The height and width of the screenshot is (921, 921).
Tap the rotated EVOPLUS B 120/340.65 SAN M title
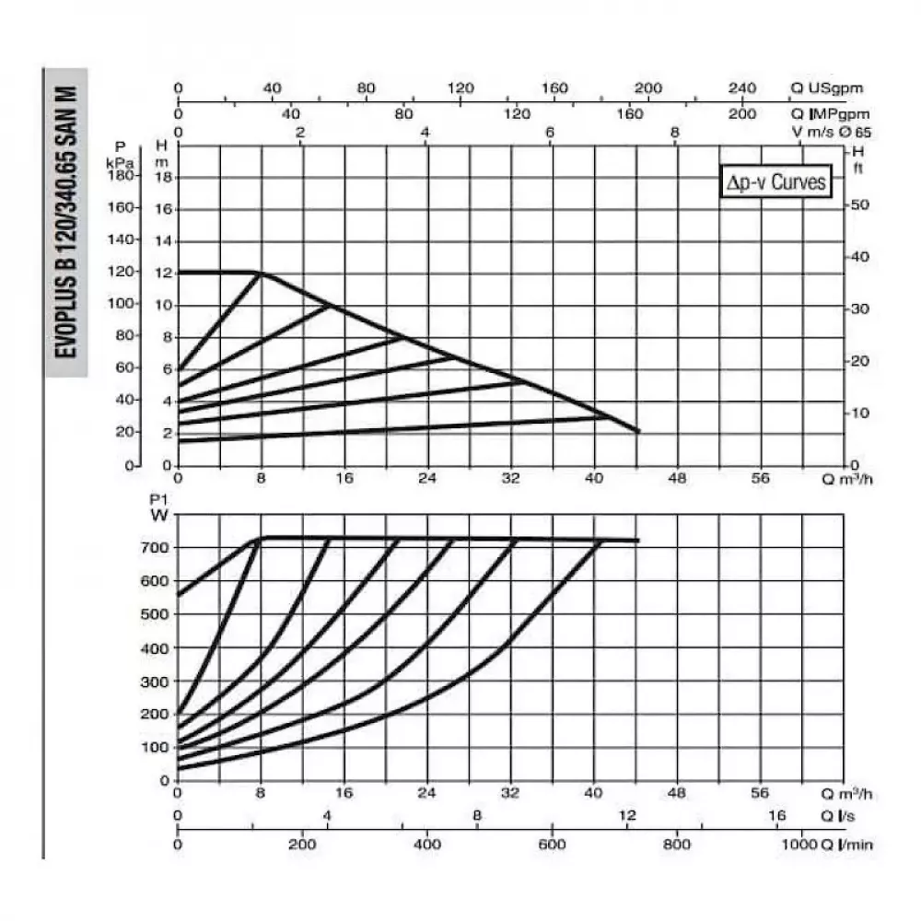[x=66, y=222]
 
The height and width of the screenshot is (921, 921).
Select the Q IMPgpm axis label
[x=829, y=114]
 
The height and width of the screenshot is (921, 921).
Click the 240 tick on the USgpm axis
[x=742, y=88]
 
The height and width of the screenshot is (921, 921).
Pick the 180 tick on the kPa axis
[x=122, y=176]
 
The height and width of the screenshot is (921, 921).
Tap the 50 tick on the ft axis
[x=859, y=204]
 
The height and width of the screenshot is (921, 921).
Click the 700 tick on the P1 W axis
[x=157, y=548]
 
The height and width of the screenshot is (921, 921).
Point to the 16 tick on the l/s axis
[x=776, y=816]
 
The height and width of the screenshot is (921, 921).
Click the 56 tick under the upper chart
[x=760, y=479]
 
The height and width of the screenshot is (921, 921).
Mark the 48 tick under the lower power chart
[x=677, y=793]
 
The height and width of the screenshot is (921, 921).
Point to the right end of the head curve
[x=637, y=431]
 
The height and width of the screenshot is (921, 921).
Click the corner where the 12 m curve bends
[x=257, y=272]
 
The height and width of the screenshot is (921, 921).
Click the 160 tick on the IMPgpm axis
[x=630, y=114]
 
